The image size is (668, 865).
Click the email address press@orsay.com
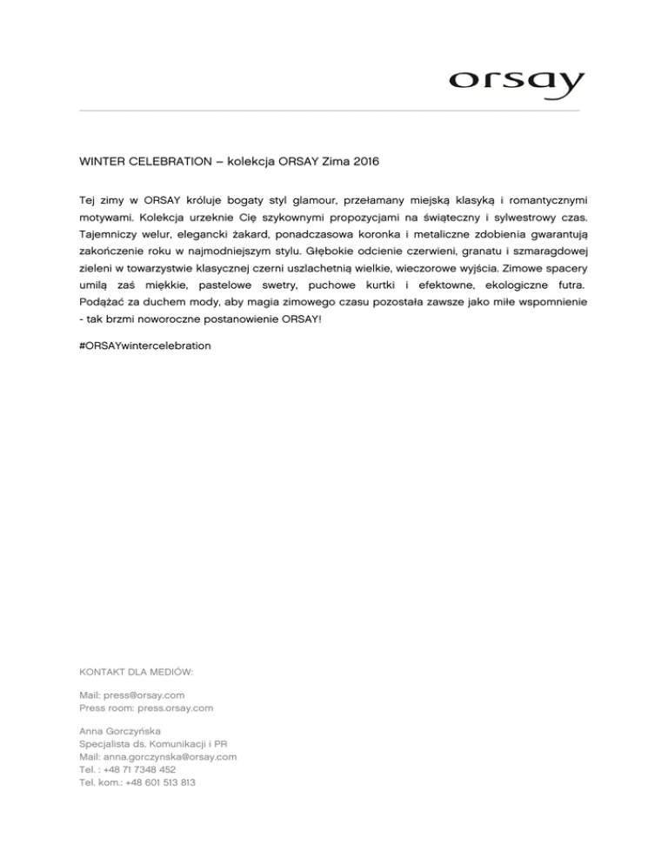pyautogui.click(x=144, y=695)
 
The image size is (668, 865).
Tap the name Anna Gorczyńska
pyautogui.click(x=120, y=731)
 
